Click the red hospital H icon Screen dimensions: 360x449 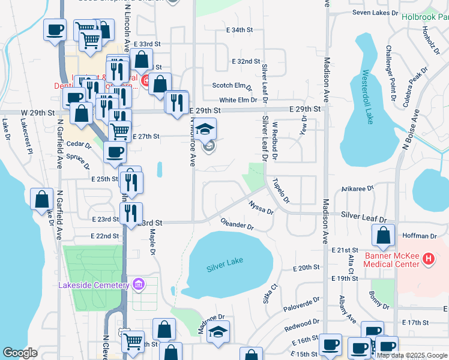[x=429, y=259]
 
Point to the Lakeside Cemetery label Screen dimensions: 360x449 [x=94, y=285]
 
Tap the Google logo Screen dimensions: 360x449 [x=20, y=352]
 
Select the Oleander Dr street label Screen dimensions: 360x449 [x=237, y=224]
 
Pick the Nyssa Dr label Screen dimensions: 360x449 [x=261, y=208]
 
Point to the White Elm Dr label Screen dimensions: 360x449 [x=238, y=100]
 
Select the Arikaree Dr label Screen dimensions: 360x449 [x=357, y=188]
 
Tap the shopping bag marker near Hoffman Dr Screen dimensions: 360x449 [x=383, y=237]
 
